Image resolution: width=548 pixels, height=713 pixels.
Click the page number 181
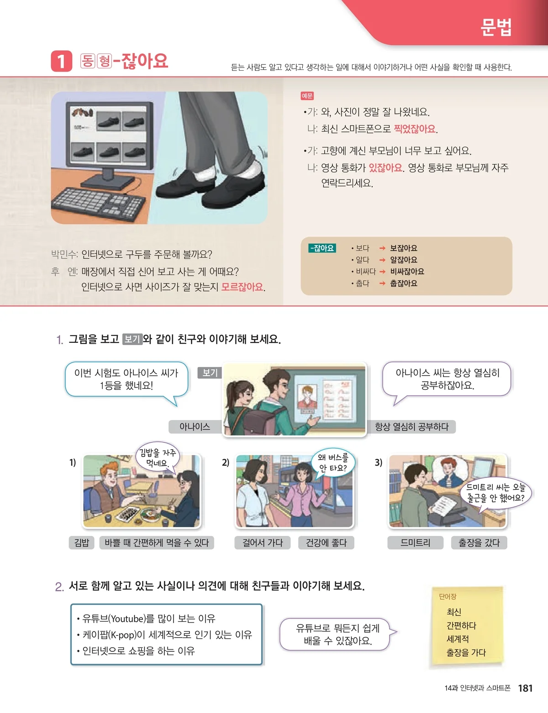[525, 688]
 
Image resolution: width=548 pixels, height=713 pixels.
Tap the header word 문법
[496, 27]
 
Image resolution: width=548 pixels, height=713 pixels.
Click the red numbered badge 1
[61, 61]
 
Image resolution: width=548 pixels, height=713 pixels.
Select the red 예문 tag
[307, 96]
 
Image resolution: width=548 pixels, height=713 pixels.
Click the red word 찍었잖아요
[415, 129]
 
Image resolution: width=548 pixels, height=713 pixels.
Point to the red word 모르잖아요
[242, 287]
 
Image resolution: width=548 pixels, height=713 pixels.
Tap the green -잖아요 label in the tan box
[322, 248]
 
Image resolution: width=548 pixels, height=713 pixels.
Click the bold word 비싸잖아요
[407, 271]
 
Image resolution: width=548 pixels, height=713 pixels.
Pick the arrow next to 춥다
[382, 283]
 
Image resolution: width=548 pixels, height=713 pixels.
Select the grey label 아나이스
[195, 426]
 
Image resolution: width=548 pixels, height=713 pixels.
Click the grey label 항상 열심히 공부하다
[411, 426]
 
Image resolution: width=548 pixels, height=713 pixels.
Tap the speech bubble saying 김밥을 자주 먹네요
[158, 457]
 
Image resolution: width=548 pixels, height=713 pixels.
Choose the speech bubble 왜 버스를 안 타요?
[332, 462]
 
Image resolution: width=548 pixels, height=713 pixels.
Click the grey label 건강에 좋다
[326, 543]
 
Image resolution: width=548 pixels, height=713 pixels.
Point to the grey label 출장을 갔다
[479, 543]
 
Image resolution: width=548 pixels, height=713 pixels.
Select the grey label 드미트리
[415, 543]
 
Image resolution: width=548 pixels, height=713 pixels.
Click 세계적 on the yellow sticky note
[458, 639]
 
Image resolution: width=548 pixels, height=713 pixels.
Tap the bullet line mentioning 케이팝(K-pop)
[164, 635]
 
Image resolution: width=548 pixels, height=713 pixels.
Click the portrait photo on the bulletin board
[307, 398]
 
